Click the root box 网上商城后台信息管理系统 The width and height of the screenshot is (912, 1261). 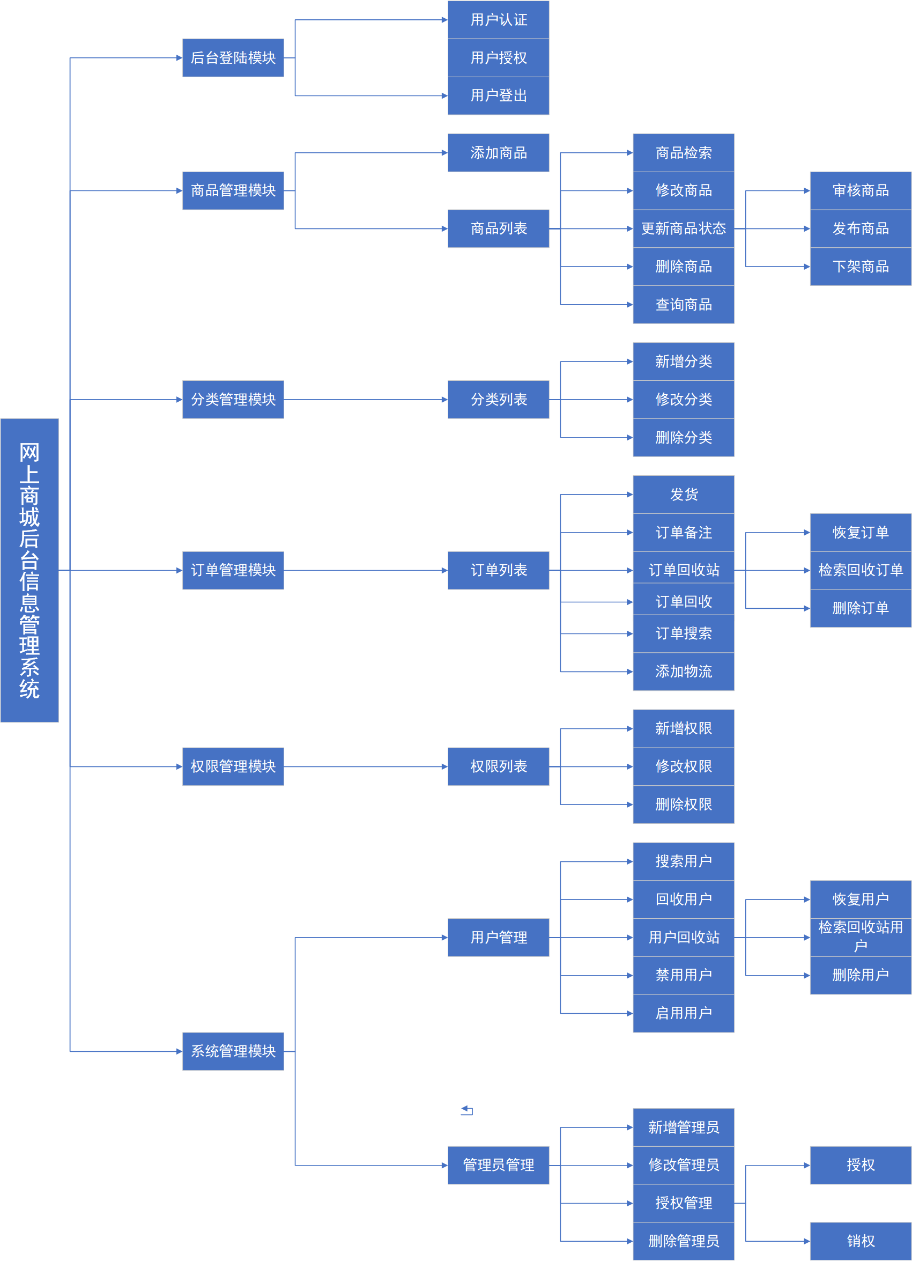pos(29,570)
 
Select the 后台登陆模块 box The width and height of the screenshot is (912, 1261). pos(233,58)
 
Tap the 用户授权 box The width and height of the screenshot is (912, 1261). pos(498,58)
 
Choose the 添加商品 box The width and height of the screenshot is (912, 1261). pos(498,152)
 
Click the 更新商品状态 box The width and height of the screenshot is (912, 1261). pos(683,228)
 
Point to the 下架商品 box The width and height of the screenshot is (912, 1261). pos(861,267)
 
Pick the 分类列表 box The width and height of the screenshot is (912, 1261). pos(498,399)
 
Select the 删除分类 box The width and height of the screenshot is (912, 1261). pos(683,438)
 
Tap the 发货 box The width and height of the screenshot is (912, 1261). pos(683,495)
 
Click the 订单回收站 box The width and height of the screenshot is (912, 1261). pos(683,570)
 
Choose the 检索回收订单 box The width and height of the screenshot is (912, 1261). pos(861,570)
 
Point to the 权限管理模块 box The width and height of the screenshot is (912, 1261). pos(233,766)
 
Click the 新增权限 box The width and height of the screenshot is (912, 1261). pos(683,728)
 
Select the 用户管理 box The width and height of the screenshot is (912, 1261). pos(498,938)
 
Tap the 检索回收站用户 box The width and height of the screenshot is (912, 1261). pos(861,936)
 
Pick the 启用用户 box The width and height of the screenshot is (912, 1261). pos(683,1013)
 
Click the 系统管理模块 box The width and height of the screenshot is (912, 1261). pos(233,1051)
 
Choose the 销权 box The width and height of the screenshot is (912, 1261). pos(861,1241)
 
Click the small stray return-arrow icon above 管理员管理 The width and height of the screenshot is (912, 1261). pos(467,1110)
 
